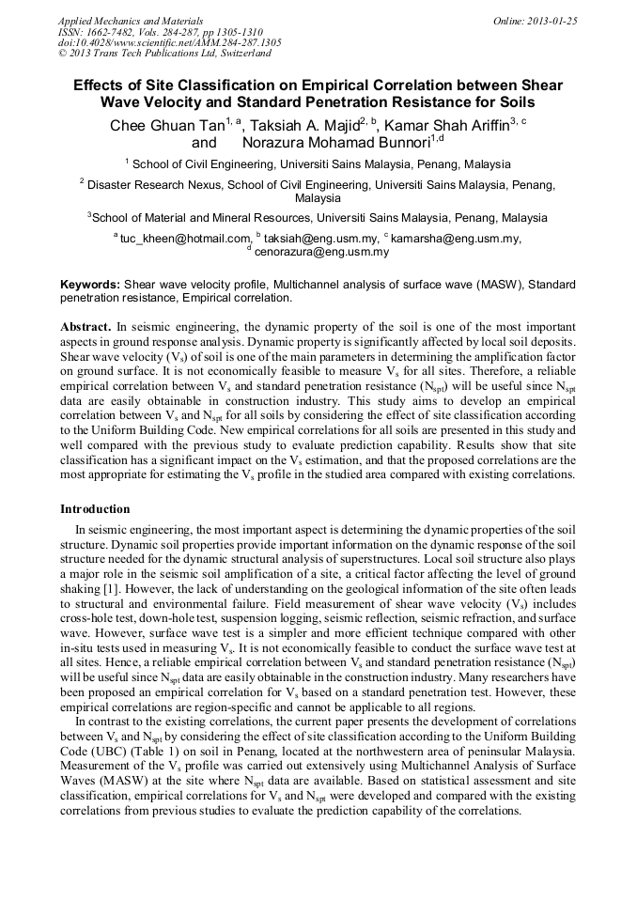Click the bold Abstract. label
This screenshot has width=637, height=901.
(x=86, y=326)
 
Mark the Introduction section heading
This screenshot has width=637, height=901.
(x=95, y=508)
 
